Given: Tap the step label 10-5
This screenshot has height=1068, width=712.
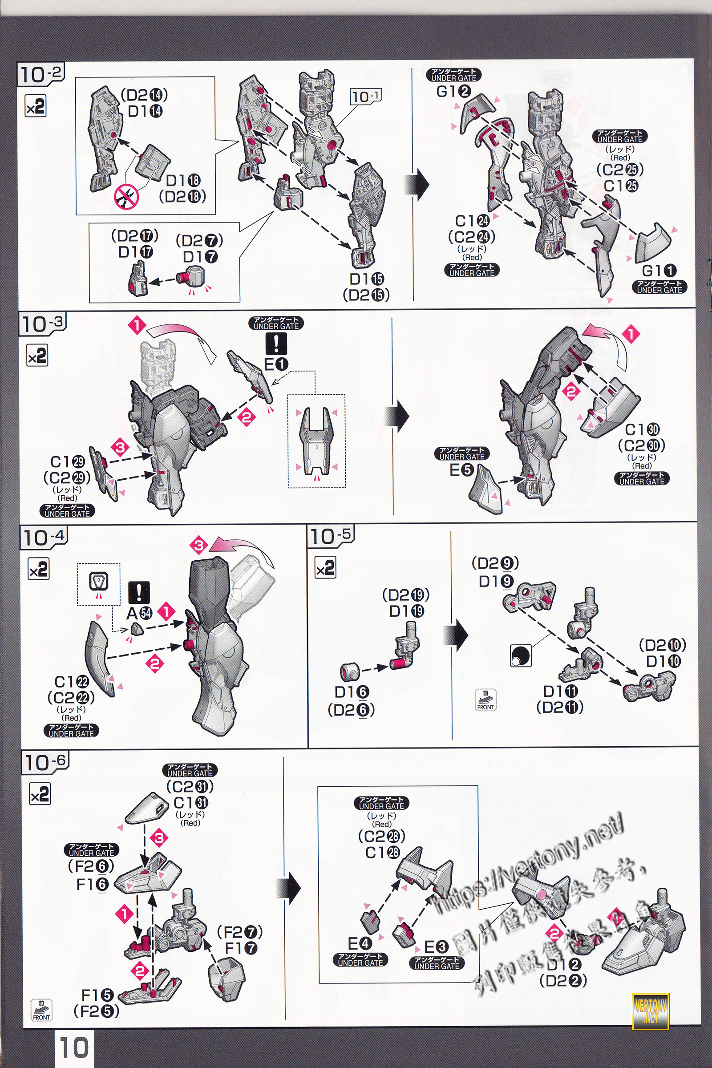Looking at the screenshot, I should [x=331, y=536].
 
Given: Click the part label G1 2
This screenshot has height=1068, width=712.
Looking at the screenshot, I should [x=453, y=92].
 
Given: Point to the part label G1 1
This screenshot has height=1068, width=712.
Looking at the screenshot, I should [x=659, y=271].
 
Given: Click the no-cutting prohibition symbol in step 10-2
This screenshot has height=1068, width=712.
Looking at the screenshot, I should [x=126, y=196].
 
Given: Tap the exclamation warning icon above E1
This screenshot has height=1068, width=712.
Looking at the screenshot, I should [x=276, y=343].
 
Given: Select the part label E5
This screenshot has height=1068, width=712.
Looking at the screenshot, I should [x=461, y=470].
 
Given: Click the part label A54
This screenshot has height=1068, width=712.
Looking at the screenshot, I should [x=139, y=613].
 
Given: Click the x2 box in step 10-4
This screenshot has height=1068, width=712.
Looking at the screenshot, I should [x=39, y=570].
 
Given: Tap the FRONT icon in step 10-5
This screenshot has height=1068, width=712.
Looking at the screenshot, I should [x=485, y=700].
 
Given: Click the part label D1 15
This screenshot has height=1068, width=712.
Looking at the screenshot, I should [x=366, y=279].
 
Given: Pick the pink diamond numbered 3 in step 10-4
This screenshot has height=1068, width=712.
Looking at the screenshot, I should [x=199, y=546].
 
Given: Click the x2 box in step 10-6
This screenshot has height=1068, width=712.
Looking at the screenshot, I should [x=40, y=795].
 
